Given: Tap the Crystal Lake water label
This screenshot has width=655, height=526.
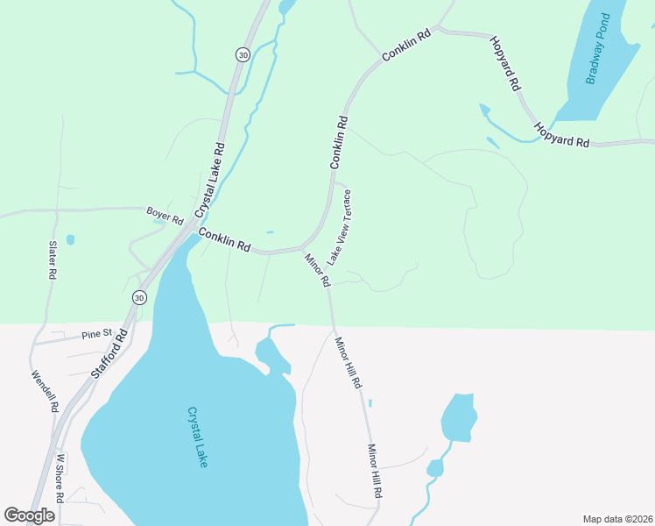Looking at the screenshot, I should [x=197, y=437].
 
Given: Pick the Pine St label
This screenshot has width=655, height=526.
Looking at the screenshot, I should [x=97, y=334].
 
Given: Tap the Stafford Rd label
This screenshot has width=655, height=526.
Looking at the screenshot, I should [x=110, y=353].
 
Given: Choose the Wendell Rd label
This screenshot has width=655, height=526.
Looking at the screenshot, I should [x=45, y=391].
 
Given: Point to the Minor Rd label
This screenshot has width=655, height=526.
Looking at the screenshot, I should [x=317, y=270].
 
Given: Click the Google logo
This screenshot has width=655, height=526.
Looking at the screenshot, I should [x=29, y=515].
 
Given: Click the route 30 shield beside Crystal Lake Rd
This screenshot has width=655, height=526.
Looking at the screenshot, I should [x=242, y=54].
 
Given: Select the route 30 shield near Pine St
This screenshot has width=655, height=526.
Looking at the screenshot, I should [x=139, y=298].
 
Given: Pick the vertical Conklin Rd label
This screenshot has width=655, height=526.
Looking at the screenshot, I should [x=339, y=143].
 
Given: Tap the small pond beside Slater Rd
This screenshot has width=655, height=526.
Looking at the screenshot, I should [x=70, y=239].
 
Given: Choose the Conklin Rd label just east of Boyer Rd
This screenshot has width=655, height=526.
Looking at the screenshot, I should [x=225, y=240].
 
